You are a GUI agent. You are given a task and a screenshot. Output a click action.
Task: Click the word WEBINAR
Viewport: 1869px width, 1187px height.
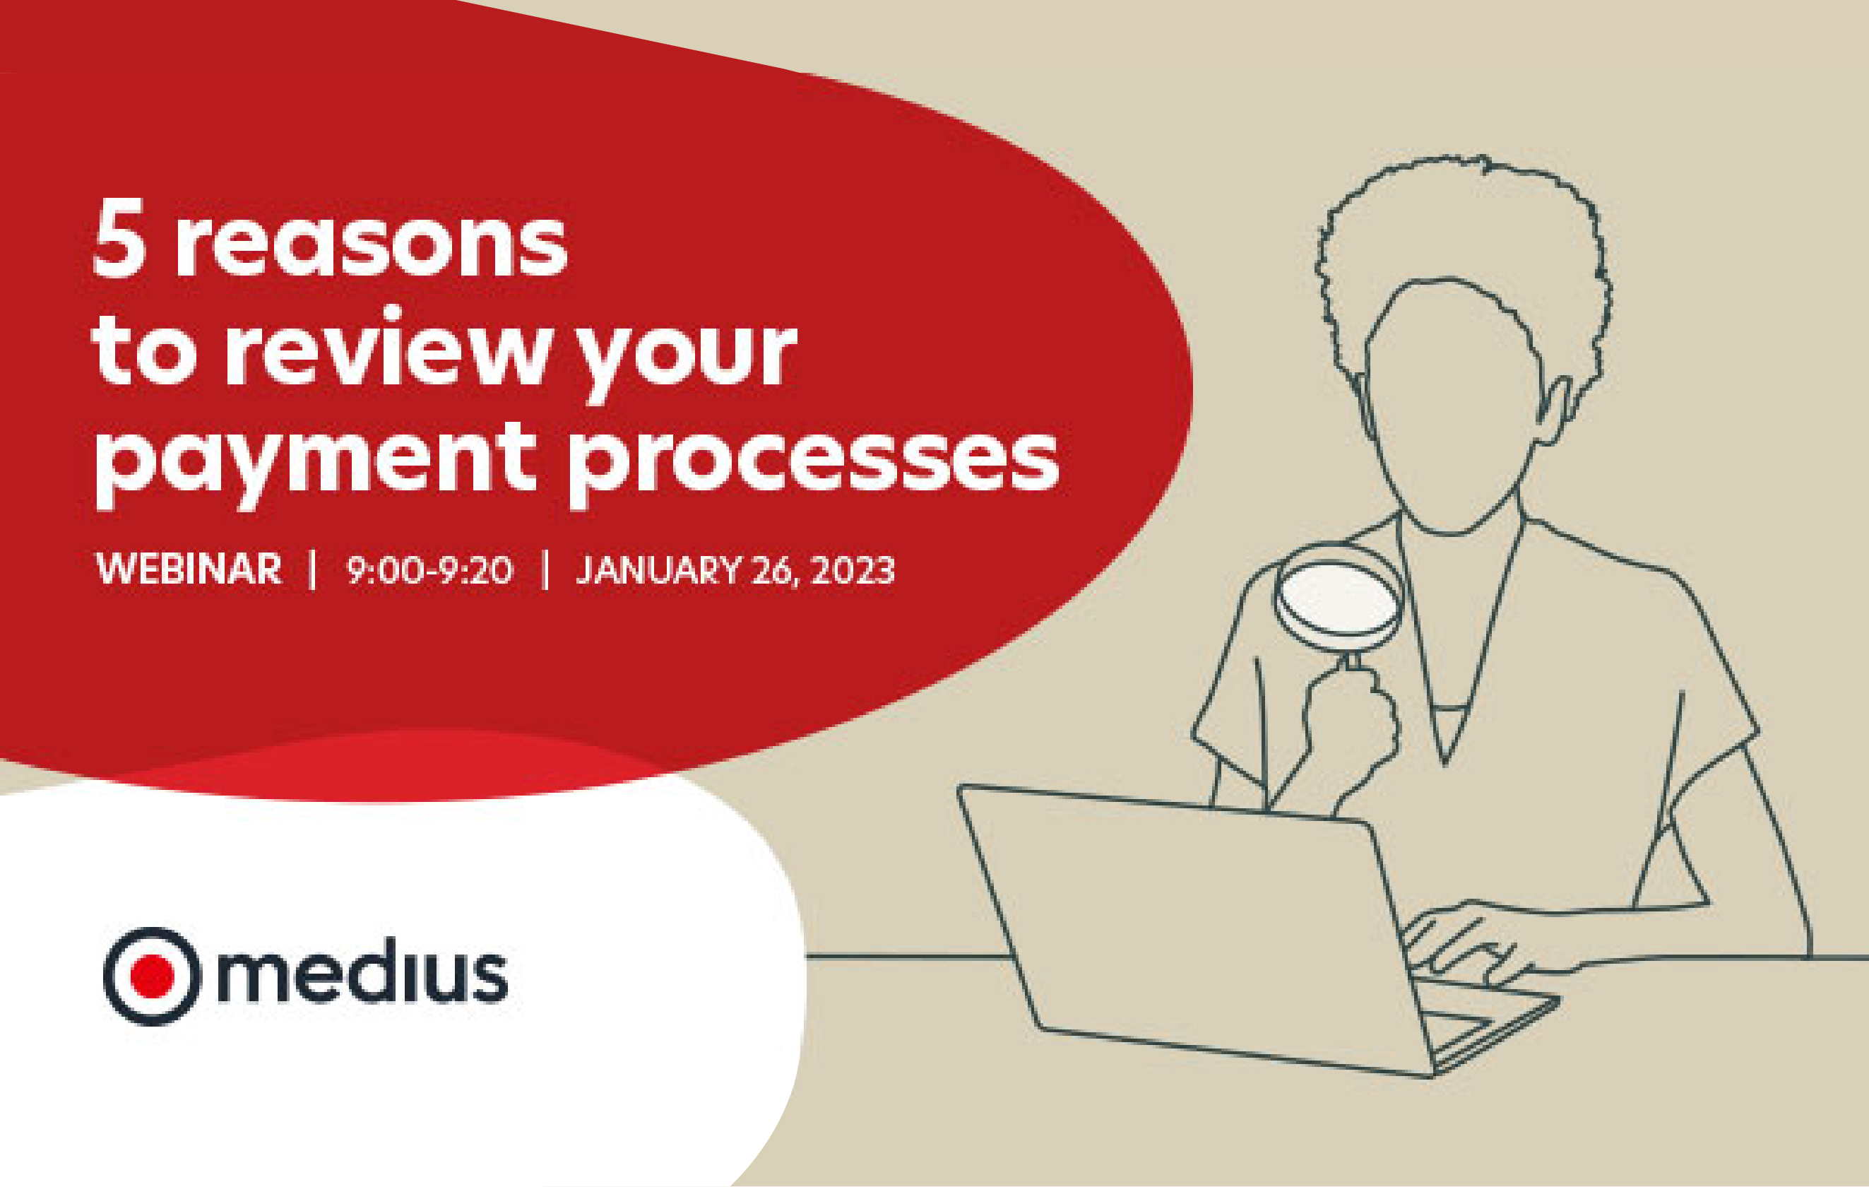click(189, 569)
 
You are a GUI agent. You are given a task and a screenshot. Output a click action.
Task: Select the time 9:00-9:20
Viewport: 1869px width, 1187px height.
click(429, 569)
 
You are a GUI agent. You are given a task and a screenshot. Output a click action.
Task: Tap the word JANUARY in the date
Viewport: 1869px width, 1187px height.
click(658, 569)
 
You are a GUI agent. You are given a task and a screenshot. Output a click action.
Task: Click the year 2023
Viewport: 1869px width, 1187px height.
click(853, 569)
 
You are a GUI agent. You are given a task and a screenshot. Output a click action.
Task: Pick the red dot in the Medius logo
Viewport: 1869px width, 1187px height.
click(152, 975)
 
